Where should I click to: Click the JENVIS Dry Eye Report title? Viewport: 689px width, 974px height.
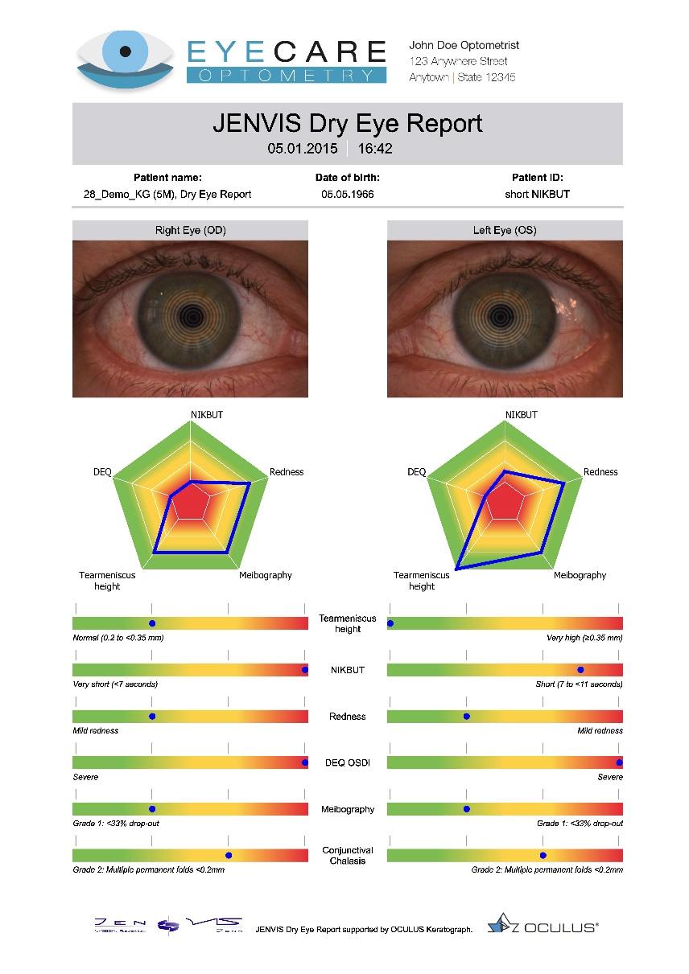(347, 123)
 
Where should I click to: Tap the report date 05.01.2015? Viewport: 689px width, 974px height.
(303, 149)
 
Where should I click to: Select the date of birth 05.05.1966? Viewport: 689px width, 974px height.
(347, 194)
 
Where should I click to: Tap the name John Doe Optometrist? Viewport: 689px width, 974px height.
(464, 46)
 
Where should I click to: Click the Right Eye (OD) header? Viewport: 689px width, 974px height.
(190, 231)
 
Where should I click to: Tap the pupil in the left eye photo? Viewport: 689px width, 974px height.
(505, 314)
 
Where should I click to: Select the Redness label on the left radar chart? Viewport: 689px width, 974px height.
(286, 472)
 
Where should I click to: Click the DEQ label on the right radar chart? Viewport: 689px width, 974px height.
(416, 472)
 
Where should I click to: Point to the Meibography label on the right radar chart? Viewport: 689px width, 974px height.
(580, 575)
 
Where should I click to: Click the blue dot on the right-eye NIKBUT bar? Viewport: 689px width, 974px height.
(305, 670)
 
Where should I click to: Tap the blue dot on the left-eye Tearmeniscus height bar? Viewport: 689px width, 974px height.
(390, 623)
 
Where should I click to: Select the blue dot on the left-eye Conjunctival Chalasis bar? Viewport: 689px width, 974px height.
(543, 856)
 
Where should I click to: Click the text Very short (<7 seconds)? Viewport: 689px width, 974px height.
(115, 684)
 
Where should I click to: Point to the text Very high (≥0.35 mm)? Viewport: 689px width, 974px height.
(584, 638)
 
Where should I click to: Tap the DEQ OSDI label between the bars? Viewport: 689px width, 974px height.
(347, 762)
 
